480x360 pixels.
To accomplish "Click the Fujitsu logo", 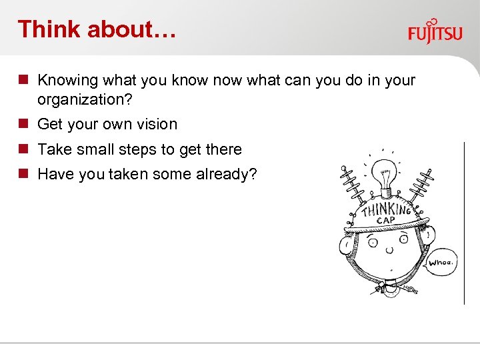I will [435, 31].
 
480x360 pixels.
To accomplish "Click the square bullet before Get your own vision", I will [23, 124].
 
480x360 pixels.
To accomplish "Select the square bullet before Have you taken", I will [23, 174].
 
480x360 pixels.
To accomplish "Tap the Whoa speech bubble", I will [441, 262].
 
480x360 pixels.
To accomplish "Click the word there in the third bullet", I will [223, 150].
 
